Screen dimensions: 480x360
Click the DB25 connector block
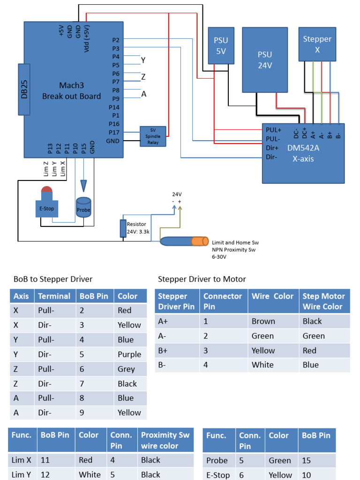[24, 89]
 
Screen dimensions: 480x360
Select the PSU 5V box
[221, 45]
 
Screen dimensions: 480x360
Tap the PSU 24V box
[264, 60]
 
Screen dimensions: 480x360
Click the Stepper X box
[317, 44]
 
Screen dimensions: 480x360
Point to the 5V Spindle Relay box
[153, 136]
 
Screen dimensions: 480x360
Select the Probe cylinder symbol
[83, 206]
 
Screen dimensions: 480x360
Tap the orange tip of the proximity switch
[200, 241]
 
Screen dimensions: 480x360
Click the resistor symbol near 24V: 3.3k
[123, 228]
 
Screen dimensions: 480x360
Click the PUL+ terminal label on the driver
[273, 130]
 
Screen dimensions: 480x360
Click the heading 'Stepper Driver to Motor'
[202, 279]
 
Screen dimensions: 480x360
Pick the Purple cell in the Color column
[129, 354]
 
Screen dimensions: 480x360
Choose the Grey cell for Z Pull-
[126, 369]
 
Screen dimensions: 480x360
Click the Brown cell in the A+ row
[263, 321]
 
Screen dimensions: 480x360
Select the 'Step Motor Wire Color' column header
[323, 301]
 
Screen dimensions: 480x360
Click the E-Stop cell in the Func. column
[218, 475]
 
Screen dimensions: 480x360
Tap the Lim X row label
[22, 460]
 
